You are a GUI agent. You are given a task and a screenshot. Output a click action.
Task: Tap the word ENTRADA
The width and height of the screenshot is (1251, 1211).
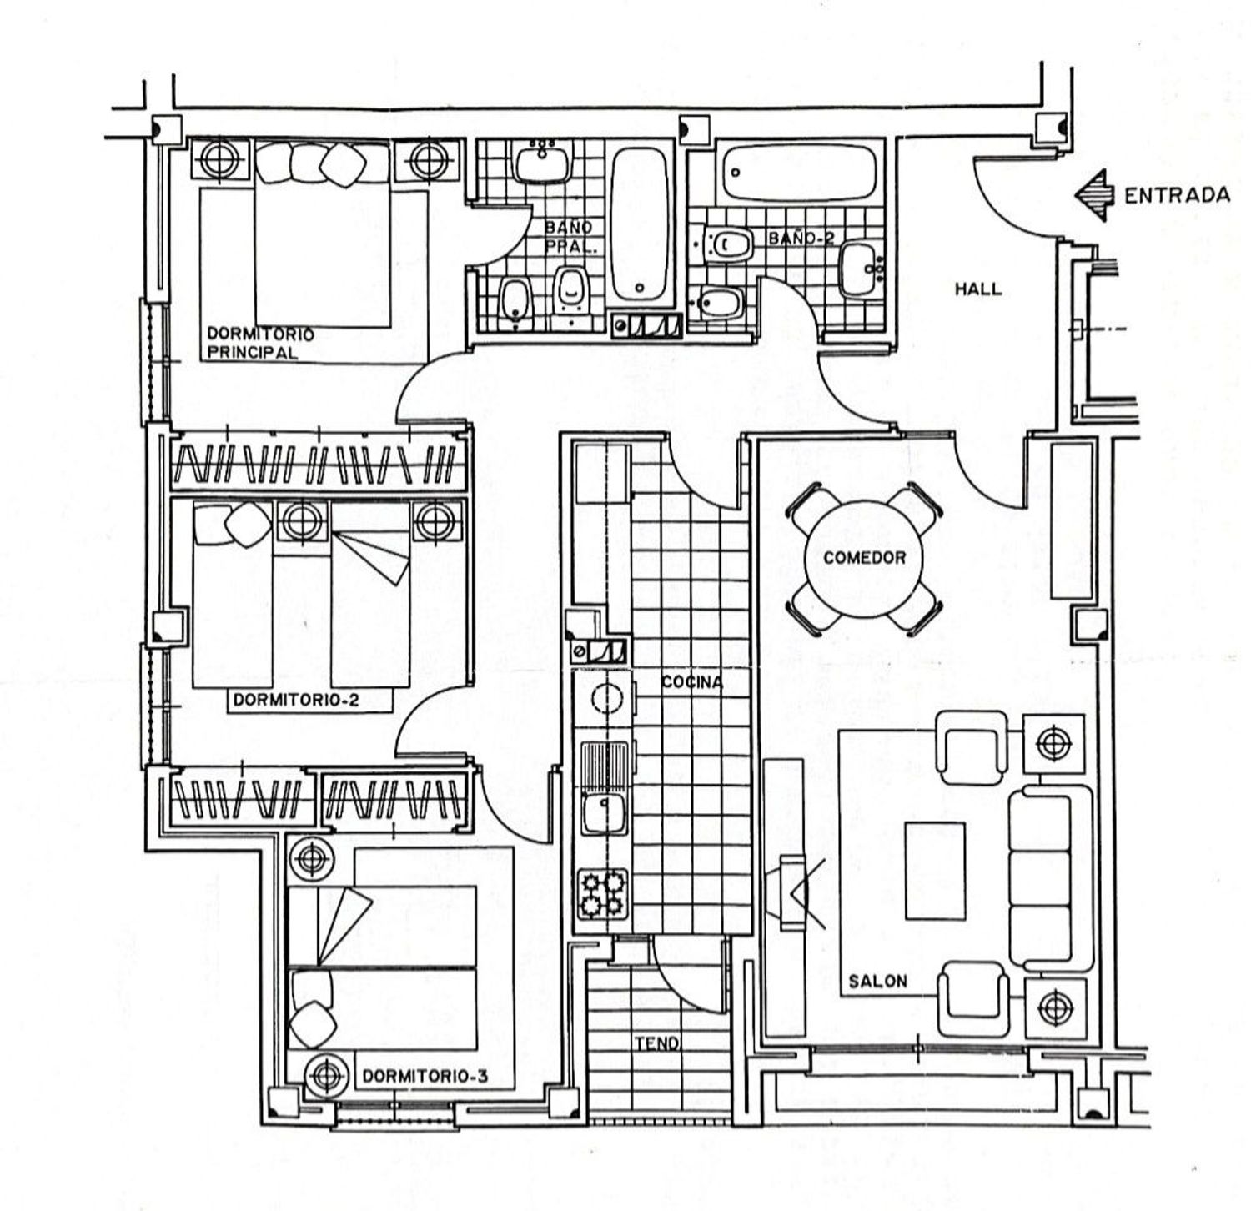(x=1177, y=196)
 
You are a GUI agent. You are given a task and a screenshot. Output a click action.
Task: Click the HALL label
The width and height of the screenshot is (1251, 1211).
(x=978, y=289)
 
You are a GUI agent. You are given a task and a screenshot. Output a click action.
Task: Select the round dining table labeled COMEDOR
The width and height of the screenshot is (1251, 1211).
(x=865, y=557)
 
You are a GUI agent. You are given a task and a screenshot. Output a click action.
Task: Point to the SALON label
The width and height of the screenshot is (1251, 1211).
(x=877, y=981)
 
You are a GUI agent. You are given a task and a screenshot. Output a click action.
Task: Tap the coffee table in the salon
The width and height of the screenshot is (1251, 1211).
(x=935, y=870)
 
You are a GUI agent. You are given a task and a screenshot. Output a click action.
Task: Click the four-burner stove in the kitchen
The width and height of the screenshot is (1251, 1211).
(x=603, y=893)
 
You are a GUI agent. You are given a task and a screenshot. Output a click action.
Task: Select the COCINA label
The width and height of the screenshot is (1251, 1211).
(x=692, y=682)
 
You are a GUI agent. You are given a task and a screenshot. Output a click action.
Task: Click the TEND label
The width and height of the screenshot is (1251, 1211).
(x=657, y=1043)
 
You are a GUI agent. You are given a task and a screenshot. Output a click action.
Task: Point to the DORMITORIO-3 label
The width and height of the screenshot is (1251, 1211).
(x=425, y=1077)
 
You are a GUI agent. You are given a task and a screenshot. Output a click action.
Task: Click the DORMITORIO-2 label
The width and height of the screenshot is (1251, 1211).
(x=296, y=700)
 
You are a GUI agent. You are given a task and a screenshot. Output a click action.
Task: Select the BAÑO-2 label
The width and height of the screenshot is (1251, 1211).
(x=801, y=238)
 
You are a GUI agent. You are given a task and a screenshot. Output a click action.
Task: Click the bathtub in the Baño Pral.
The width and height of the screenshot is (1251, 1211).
(x=640, y=225)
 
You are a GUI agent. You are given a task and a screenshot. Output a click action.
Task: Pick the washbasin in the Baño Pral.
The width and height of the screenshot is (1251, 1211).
(x=543, y=161)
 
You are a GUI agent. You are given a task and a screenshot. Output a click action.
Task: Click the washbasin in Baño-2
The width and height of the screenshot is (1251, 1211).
(x=859, y=269)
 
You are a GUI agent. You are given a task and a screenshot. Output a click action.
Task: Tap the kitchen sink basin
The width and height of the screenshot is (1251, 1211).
(x=602, y=812)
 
